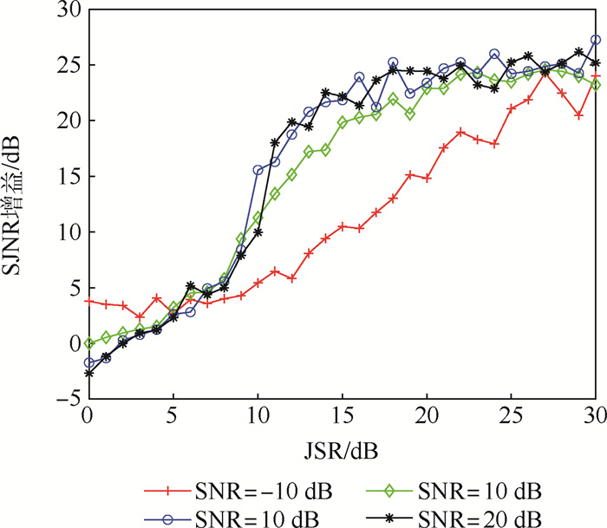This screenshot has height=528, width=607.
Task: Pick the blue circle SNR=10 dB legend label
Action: pyautogui.click(x=258, y=518)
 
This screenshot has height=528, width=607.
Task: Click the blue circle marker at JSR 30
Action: pyautogui.click(x=596, y=40)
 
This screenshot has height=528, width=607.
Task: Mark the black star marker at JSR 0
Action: pyautogui.click(x=88, y=374)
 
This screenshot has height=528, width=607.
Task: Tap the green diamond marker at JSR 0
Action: pyautogui.click(x=88, y=343)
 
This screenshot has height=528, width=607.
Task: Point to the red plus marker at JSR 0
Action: pyautogui.click(x=88, y=301)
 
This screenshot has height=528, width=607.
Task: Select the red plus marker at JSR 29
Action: pyautogui.click(x=578, y=115)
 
